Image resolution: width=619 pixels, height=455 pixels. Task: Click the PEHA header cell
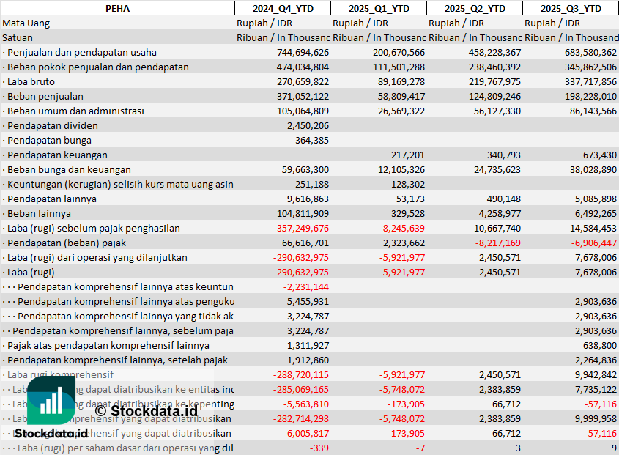point(117,8)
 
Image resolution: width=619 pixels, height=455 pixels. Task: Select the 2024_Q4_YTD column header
point(282,8)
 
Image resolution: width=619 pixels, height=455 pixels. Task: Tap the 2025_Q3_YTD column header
point(571,8)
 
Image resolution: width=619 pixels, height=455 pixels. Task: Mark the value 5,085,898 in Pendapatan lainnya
point(593,199)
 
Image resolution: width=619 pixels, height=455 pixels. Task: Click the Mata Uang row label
point(26,23)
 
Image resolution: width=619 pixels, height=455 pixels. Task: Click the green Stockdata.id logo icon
point(51,401)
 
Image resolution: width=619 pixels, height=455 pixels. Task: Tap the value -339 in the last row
point(319,448)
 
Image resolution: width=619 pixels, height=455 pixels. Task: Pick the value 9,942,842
point(593,374)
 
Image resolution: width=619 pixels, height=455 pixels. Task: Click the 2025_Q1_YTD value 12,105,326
point(399,169)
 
